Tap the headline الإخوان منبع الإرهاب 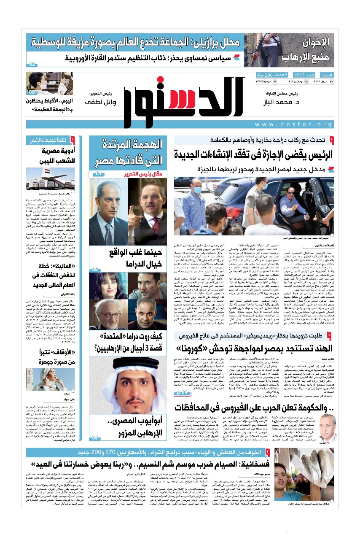tap(312, 49)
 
